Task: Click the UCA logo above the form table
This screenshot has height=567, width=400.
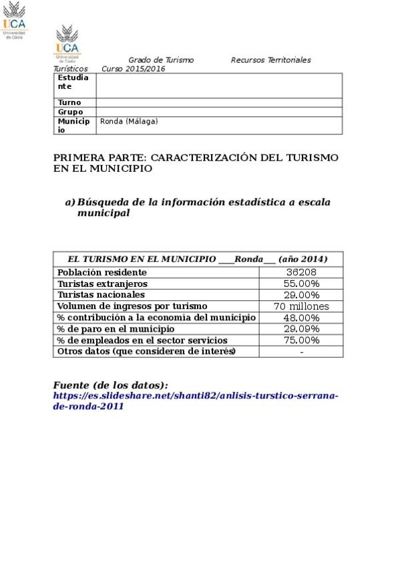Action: point(67,42)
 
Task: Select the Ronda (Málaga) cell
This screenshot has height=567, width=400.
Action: point(129,122)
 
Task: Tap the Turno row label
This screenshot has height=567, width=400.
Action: point(69,102)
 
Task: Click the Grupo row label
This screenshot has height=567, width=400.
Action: point(71,112)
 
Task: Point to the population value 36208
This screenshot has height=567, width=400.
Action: point(301,273)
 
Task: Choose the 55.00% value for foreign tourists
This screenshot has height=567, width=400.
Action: point(301,284)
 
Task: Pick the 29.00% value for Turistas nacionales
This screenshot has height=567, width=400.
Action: point(301,295)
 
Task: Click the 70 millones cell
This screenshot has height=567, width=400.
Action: point(301,306)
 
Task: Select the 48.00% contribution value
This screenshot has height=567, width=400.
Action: point(301,318)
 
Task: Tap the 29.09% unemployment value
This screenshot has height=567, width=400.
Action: point(301,329)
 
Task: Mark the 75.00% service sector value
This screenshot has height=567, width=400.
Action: point(301,340)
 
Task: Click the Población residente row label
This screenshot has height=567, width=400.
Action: point(102,273)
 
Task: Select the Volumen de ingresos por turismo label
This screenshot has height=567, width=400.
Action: point(128,306)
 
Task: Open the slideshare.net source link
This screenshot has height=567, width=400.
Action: point(196,401)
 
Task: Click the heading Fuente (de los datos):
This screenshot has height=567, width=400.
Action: point(111,385)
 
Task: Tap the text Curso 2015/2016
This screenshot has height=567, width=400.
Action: point(134,69)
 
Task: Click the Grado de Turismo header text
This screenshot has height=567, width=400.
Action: point(161,60)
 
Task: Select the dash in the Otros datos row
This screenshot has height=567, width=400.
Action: point(302,352)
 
